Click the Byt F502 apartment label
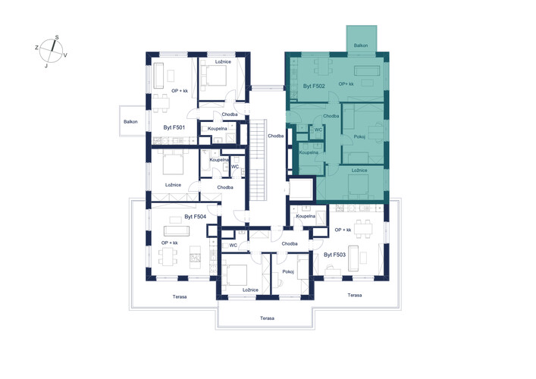tap(313, 86)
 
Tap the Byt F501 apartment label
tap(174, 127)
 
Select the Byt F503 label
tap(334, 255)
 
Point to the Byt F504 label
tap(195, 216)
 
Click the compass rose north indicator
tap(53, 45)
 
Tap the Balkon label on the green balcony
tap(361, 45)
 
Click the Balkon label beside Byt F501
tap(130, 122)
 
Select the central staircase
tap(258, 160)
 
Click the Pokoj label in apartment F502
tap(359, 136)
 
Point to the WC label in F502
tap(318, 130)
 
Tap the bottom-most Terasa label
tap(267, 318)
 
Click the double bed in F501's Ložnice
tap(214, 75)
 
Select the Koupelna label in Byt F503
tap(306, 216)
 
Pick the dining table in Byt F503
tap(362, 229)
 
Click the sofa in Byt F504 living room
tap(177, 231)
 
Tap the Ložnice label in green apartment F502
tap(359, 171)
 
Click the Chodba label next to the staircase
tap(275, 136)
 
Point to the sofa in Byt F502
tap(367, 70)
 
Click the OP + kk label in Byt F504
tap(170, 243)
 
